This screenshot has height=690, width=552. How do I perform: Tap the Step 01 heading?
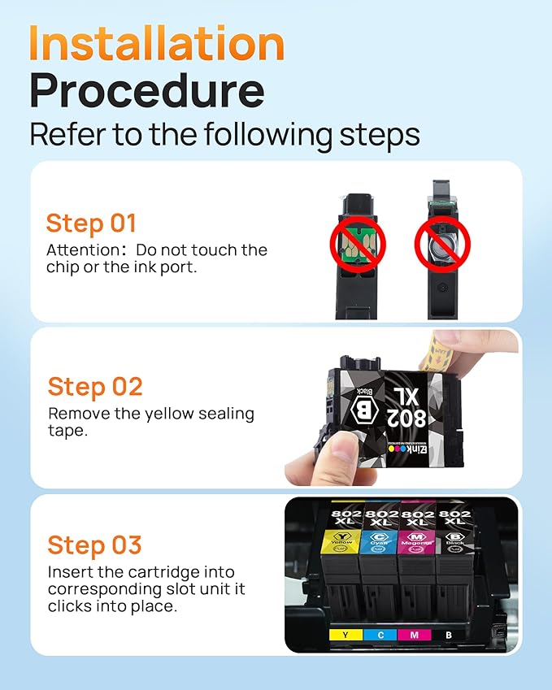[x=91, y=223]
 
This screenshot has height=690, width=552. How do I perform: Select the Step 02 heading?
[x=95, y=386]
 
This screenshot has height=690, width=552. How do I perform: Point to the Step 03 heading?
[x=94, y=545]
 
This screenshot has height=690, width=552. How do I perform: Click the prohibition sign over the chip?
[x=358, y=242]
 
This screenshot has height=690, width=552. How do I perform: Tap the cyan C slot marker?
[x=380, y=634]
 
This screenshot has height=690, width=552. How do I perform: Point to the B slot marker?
[x=449, y=634]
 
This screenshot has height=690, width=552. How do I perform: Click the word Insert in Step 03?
[x=69, y=571]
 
